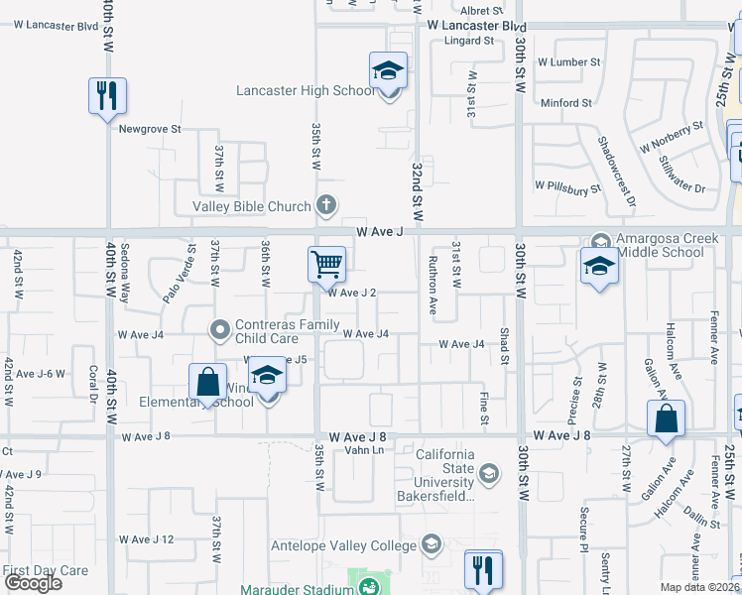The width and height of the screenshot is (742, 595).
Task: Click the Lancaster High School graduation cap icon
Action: pos(388,71)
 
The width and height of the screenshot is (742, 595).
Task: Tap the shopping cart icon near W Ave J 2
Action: pos(326,265)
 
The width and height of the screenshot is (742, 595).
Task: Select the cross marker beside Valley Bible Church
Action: pos(325,206)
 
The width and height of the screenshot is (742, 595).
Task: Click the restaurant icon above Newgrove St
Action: pos(107,96)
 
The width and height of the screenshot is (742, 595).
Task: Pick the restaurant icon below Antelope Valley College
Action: pos(483,569)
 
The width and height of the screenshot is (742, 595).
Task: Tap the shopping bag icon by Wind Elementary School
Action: pos(207,382)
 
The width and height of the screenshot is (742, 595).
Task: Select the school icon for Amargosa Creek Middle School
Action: pos(599,266)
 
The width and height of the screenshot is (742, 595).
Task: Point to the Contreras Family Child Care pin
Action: pos(220,327)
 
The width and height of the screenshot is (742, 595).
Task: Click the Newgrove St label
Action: pos(150,129)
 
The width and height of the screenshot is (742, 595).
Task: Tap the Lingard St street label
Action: pos(470,41)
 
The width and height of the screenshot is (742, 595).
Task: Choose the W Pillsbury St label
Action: pos(567,185)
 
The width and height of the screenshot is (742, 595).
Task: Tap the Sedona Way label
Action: pos(125,274)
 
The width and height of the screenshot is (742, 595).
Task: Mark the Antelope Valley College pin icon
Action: pos(431,544)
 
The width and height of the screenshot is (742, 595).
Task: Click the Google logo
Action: pos(33,583)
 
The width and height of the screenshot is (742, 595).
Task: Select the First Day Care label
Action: pos(46,570)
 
